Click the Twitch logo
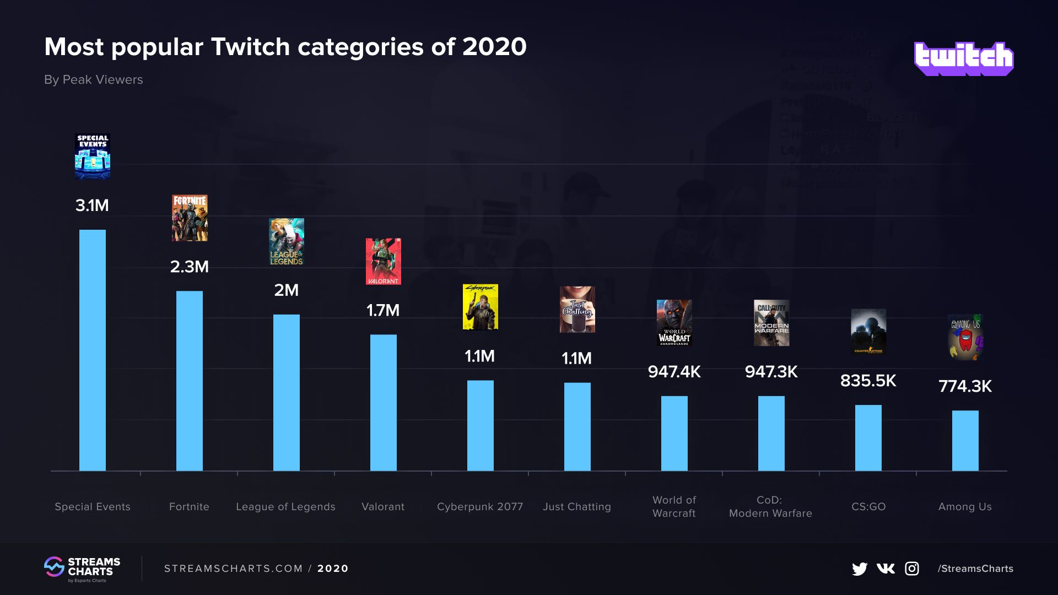coord(963,58)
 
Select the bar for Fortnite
coord(190,380)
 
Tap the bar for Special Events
coord(93,350)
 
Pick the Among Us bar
coord(965,440)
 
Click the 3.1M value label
coord(92,205)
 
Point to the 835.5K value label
coord(868,381)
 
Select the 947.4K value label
coord(674,372)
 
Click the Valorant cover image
coord(384,261)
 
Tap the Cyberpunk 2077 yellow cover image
coord(481,307)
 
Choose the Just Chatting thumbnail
coord(577,309)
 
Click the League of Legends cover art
coord(287,242)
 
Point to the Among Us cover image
coord(965,337)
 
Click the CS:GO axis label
coord(868,506)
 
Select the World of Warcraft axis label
coord(674,506)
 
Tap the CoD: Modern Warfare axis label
coord(770,506)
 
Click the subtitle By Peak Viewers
coord(94,80)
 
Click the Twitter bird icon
coord(859,569)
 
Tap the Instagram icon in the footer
coord(912,569)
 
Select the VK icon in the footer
coord(886,569)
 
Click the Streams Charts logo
coord(82,569)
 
